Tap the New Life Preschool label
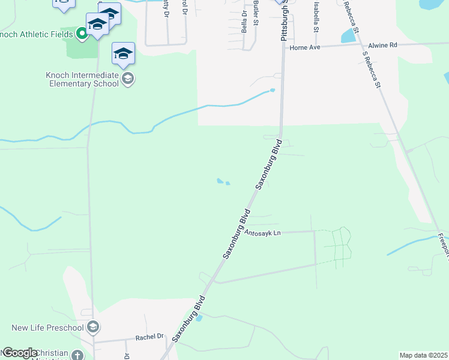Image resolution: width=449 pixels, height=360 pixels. [47, 328]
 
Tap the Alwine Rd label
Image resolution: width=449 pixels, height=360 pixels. [383, 45]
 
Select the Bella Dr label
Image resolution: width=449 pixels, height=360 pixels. [244, 22]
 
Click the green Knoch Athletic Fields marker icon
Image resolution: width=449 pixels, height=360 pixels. [82, 34]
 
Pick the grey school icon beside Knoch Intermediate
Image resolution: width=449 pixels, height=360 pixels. [127, 79]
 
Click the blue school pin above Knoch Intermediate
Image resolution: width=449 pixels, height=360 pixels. [123, 54]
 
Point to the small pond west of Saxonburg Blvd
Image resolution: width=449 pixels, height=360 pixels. [222, 181]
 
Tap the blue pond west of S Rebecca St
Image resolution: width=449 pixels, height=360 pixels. [348, 35]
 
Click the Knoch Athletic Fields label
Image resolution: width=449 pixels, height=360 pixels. [36, 34]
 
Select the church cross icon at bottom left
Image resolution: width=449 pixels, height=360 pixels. [77, 355]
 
